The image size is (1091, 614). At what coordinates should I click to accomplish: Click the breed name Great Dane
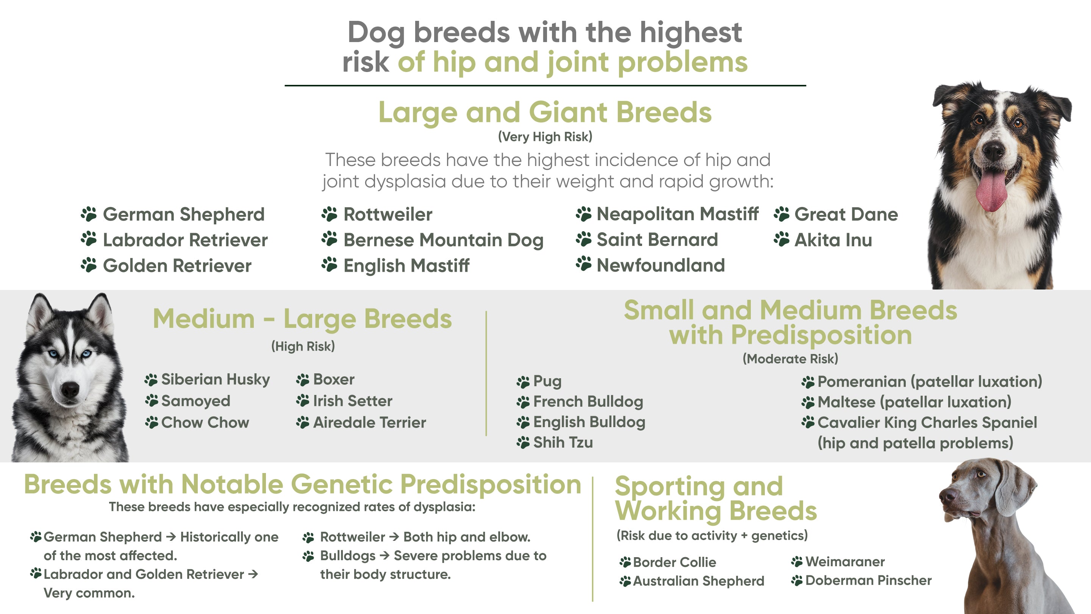(x=846, y=214)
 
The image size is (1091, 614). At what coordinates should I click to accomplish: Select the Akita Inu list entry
(x=833, y=240)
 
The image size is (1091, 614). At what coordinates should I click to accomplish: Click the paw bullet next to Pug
(x=523, y=382)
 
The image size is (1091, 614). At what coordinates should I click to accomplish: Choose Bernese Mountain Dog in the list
(x=443, y=240)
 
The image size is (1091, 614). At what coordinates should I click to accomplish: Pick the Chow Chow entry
(x=205, y=423)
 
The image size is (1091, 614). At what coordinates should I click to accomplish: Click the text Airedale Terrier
(x=369, y=423)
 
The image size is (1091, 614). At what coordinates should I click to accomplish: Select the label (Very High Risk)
(x=545, y=137)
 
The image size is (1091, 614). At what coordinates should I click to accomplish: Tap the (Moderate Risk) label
(x=790, y=359)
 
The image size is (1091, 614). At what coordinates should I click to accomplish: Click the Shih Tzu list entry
(x=563, y=442)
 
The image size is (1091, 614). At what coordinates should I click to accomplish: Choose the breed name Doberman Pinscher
(x=868, y=580)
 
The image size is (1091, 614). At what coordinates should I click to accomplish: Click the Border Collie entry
(x=674, y=562)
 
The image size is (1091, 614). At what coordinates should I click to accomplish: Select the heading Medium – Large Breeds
(x=302, y=319)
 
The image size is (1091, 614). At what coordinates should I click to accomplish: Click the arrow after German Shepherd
(x=171, y=537)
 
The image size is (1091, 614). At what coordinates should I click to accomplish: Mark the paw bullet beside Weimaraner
(x=797, y=562)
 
